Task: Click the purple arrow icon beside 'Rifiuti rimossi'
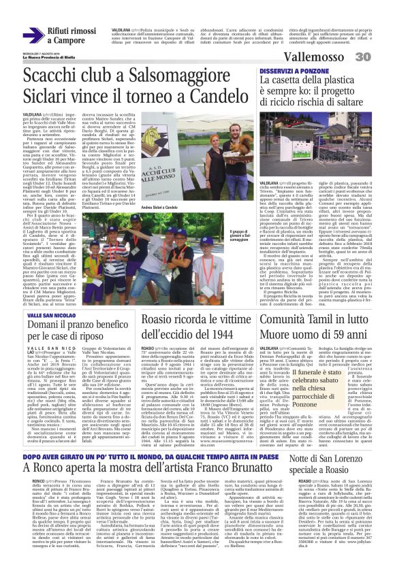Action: point(33,33)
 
